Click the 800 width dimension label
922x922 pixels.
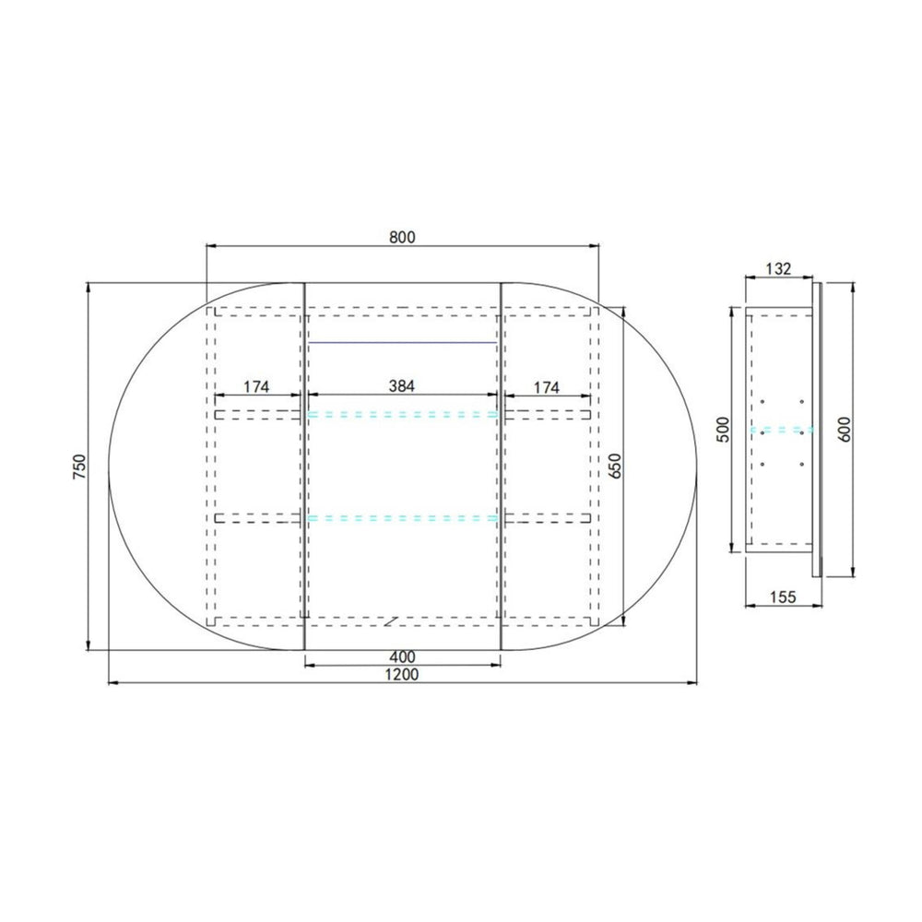pos(402,237)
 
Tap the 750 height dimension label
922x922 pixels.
pos(79,466)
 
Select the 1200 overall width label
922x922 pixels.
pos(402,675)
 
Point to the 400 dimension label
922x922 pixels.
pos(402,656)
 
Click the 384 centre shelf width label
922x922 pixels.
pos(402,385)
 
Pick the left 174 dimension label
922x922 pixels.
pos(256,387)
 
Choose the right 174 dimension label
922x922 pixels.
pos(546,387)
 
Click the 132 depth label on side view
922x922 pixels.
pos(778,268)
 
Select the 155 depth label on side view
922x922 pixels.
pos(783,597)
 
